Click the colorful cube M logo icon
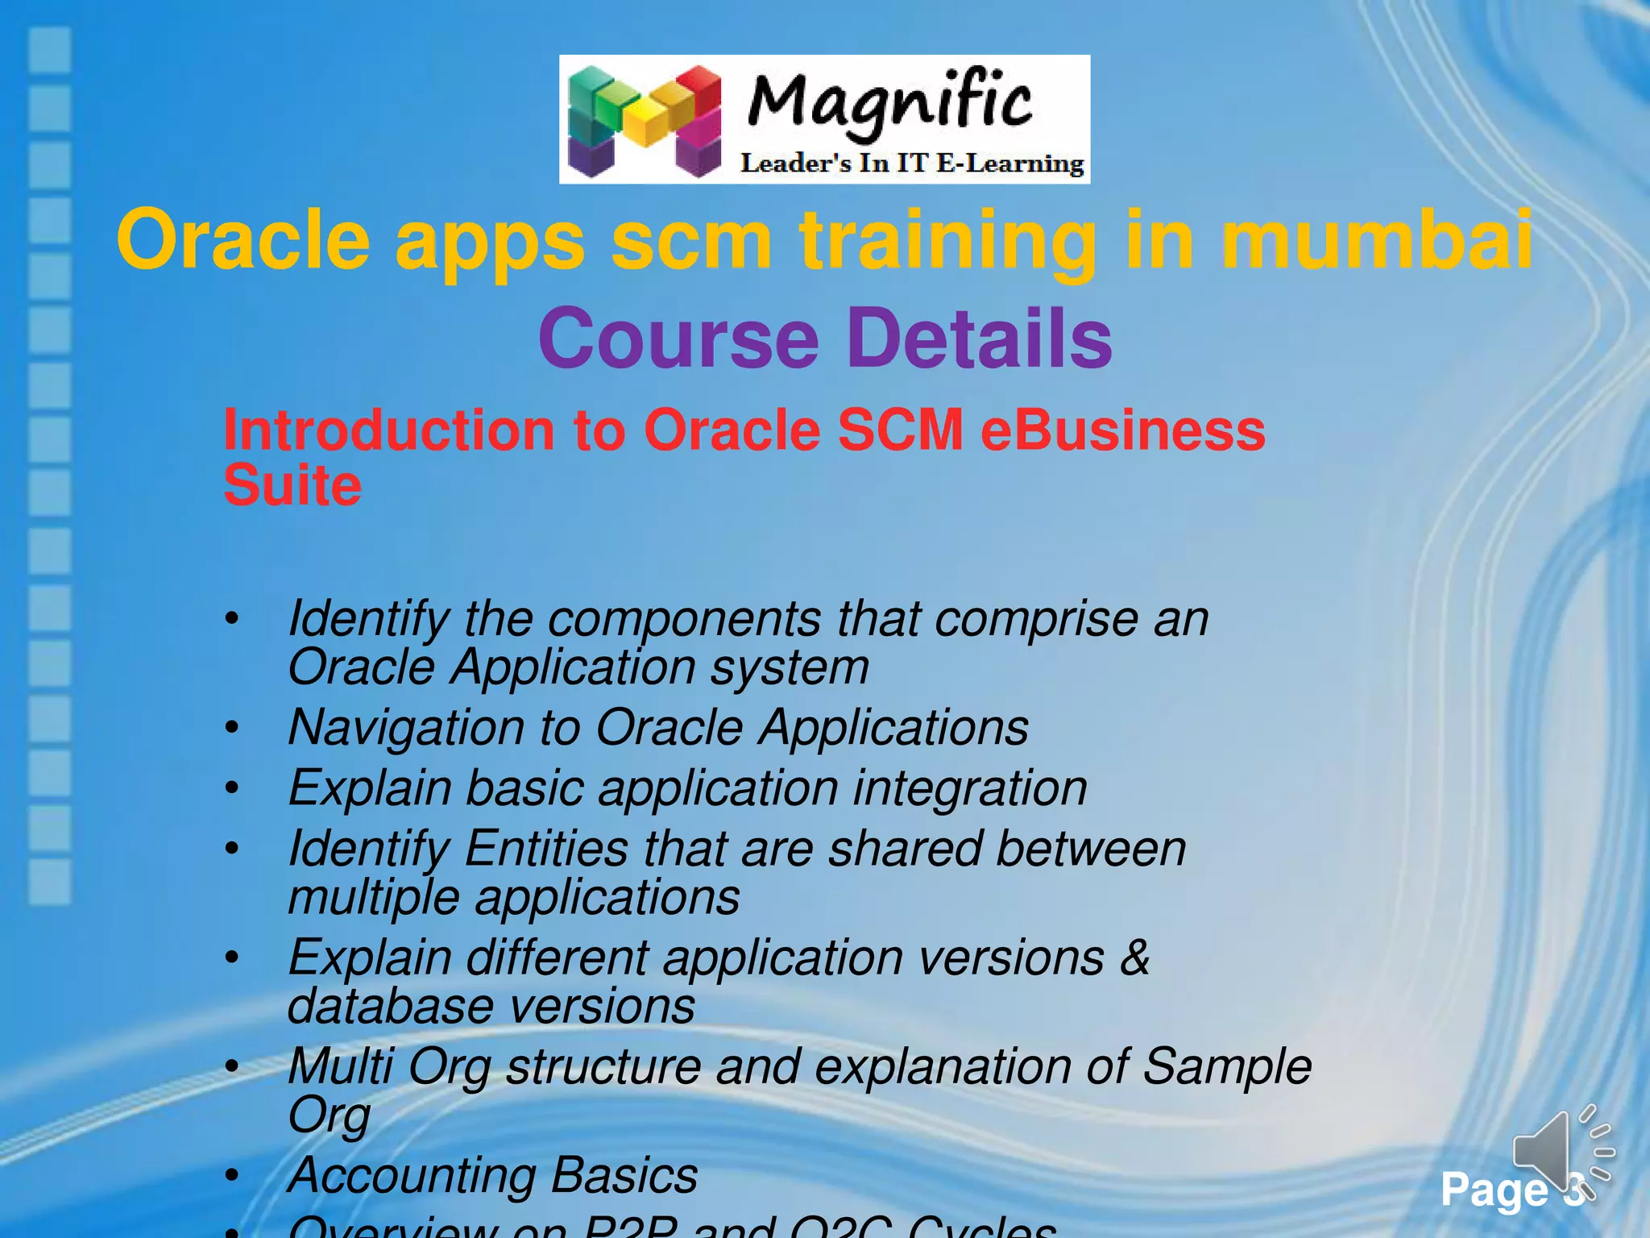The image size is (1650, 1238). coord(645,121)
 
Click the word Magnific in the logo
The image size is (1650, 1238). coord(889,103)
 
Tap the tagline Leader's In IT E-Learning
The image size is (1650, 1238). coord(912,164)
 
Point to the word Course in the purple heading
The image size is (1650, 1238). coord(678,339)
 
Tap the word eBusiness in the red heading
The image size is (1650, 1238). coord(1122,430)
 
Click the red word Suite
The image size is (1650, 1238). coord(292,485)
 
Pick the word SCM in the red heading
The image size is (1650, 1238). coord(900,430)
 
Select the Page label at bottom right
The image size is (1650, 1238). coord(1495,1190)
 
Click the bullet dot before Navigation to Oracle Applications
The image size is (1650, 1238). coord(232,728)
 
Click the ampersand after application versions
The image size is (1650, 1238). coord(1134,958)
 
